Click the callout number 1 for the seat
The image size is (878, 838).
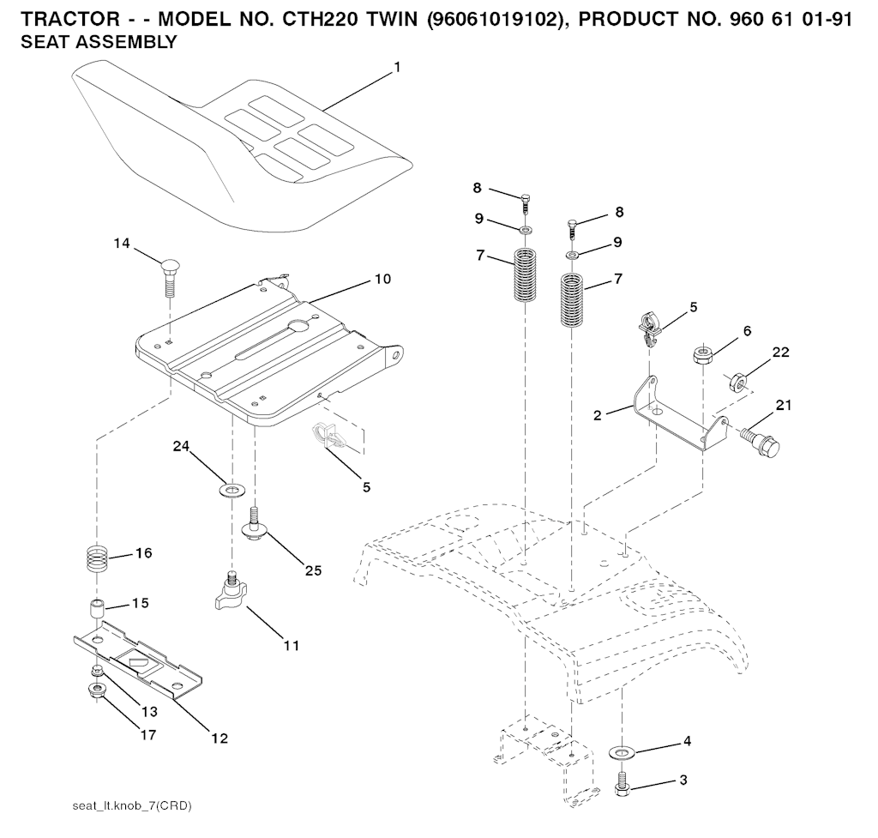[x=397, y=67]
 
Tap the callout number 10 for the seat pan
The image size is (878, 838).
[x=383, y=279]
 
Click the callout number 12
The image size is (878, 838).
[x=220, y=739]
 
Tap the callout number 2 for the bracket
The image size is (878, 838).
[x=598, y=416]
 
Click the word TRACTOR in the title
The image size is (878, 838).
[x=70, y=20]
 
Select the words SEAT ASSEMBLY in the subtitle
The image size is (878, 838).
[x=99, y=42]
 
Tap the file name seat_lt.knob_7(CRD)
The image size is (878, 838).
[x=132, y=806]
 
